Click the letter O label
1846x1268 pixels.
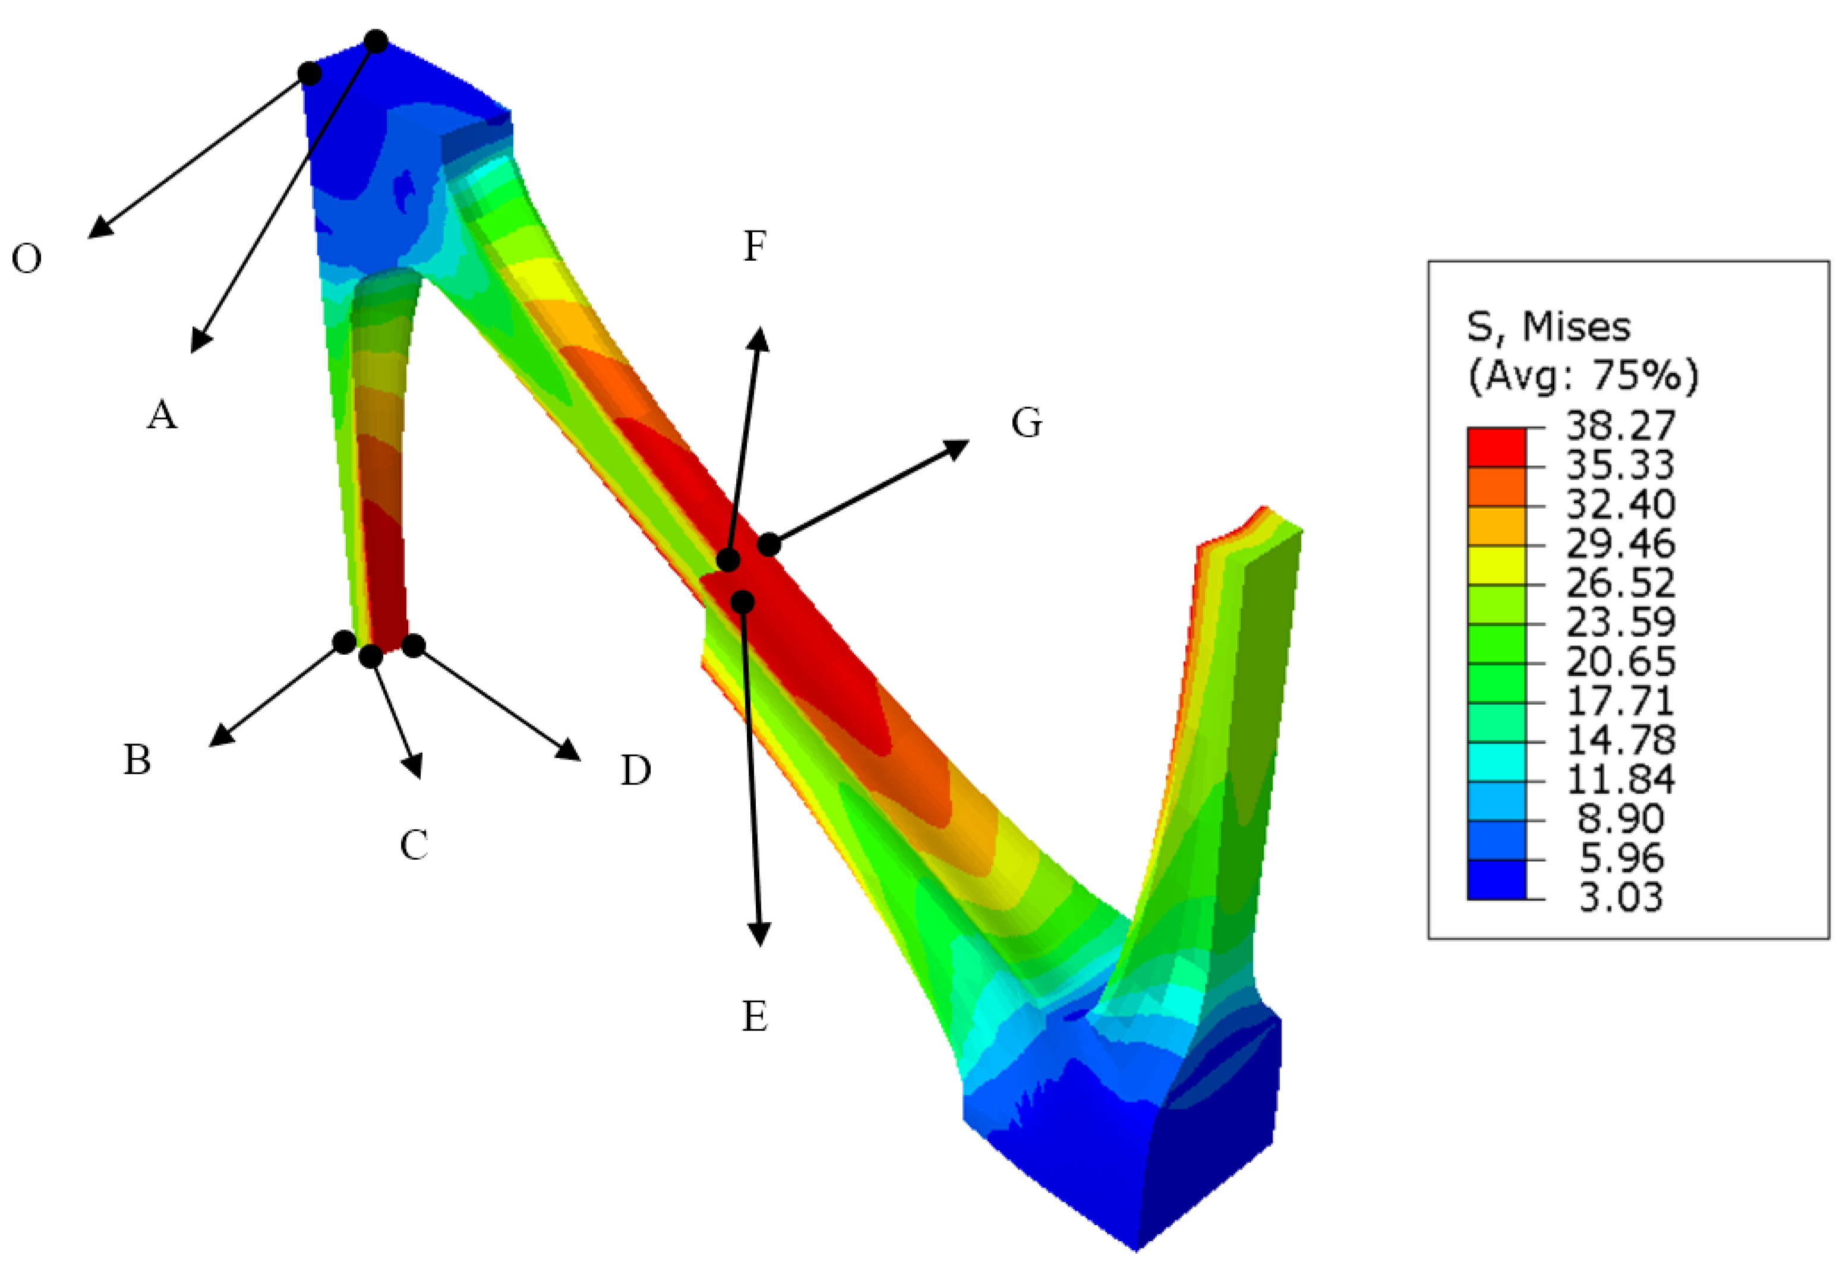26,258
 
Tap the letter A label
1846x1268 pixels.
162,414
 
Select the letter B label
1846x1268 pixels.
137,759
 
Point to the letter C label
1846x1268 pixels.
414,844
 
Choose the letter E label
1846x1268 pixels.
755,1016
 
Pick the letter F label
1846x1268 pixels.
755,245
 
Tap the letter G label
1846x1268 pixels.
1026,422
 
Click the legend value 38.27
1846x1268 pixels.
1620,427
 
